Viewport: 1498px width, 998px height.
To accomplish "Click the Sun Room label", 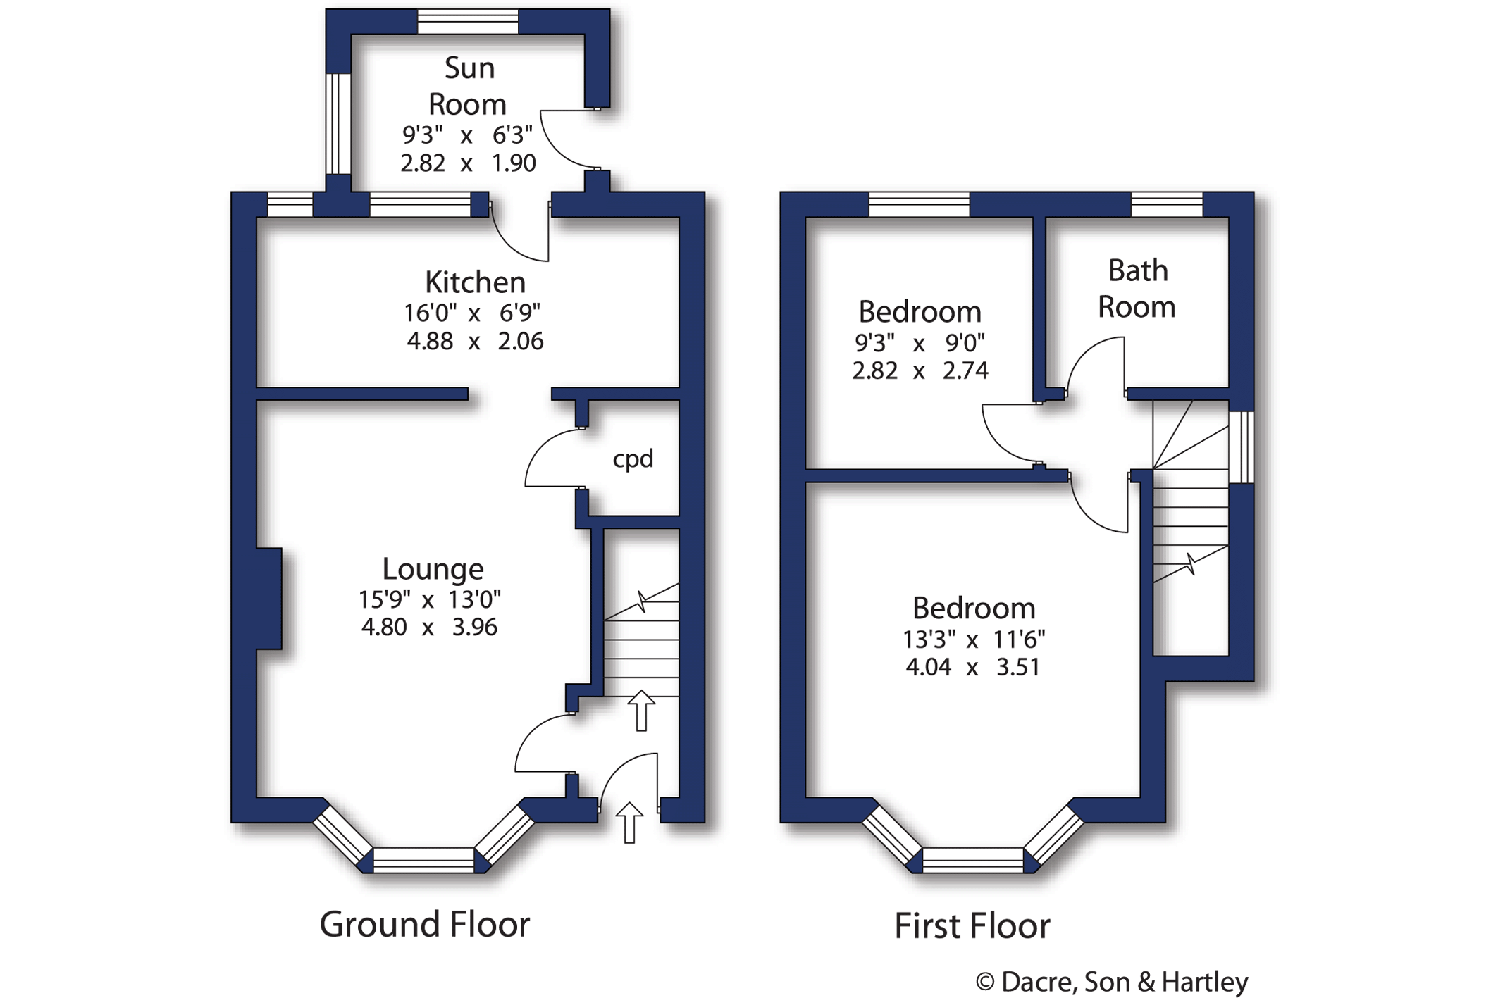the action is coord(468,87).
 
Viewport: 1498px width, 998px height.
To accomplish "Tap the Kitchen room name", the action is coord(475,282).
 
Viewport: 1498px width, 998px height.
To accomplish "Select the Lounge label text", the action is coord(433,569).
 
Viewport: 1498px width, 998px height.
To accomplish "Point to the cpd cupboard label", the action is coord(633,459).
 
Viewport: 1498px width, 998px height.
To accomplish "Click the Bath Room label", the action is coord(1137,289).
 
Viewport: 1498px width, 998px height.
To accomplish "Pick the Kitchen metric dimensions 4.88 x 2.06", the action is coord(475,342).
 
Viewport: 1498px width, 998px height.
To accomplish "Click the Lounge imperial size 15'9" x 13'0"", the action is coord(429,599).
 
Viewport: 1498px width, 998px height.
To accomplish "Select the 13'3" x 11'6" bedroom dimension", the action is coord(974,640).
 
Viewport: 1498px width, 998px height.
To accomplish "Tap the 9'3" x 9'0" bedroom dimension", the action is coord(920,343).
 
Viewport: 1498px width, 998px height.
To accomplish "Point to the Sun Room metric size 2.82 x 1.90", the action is coord(468,163).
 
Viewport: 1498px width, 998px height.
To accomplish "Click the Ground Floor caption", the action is coord(424,925).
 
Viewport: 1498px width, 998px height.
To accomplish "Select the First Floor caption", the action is coord(972,926).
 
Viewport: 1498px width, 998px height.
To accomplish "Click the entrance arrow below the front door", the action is coord(629,823).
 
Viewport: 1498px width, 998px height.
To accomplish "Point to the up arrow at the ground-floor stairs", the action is coord(641,711).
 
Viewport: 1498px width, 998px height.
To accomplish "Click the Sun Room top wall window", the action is coord(468,21).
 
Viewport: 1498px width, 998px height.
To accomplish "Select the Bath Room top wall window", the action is coord(1167,204).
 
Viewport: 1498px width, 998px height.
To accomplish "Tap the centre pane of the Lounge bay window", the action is coord(423,861).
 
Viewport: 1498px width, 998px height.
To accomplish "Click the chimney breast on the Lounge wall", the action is coord(269,599).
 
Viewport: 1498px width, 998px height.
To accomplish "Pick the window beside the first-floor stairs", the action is coord(1242,447).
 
